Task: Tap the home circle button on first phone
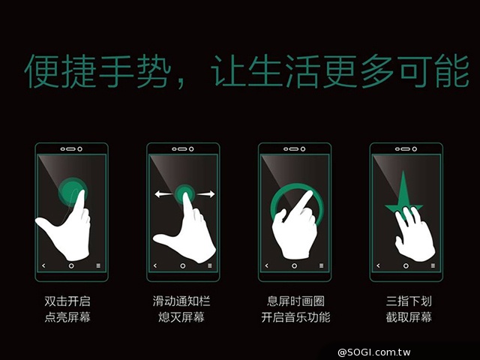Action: [x=71, y=265]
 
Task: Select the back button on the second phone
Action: [x=155, y=265]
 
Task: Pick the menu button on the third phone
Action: [x=321, y=265]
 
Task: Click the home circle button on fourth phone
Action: [x=406, y=265]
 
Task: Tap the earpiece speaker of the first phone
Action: [x=71, y=149]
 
